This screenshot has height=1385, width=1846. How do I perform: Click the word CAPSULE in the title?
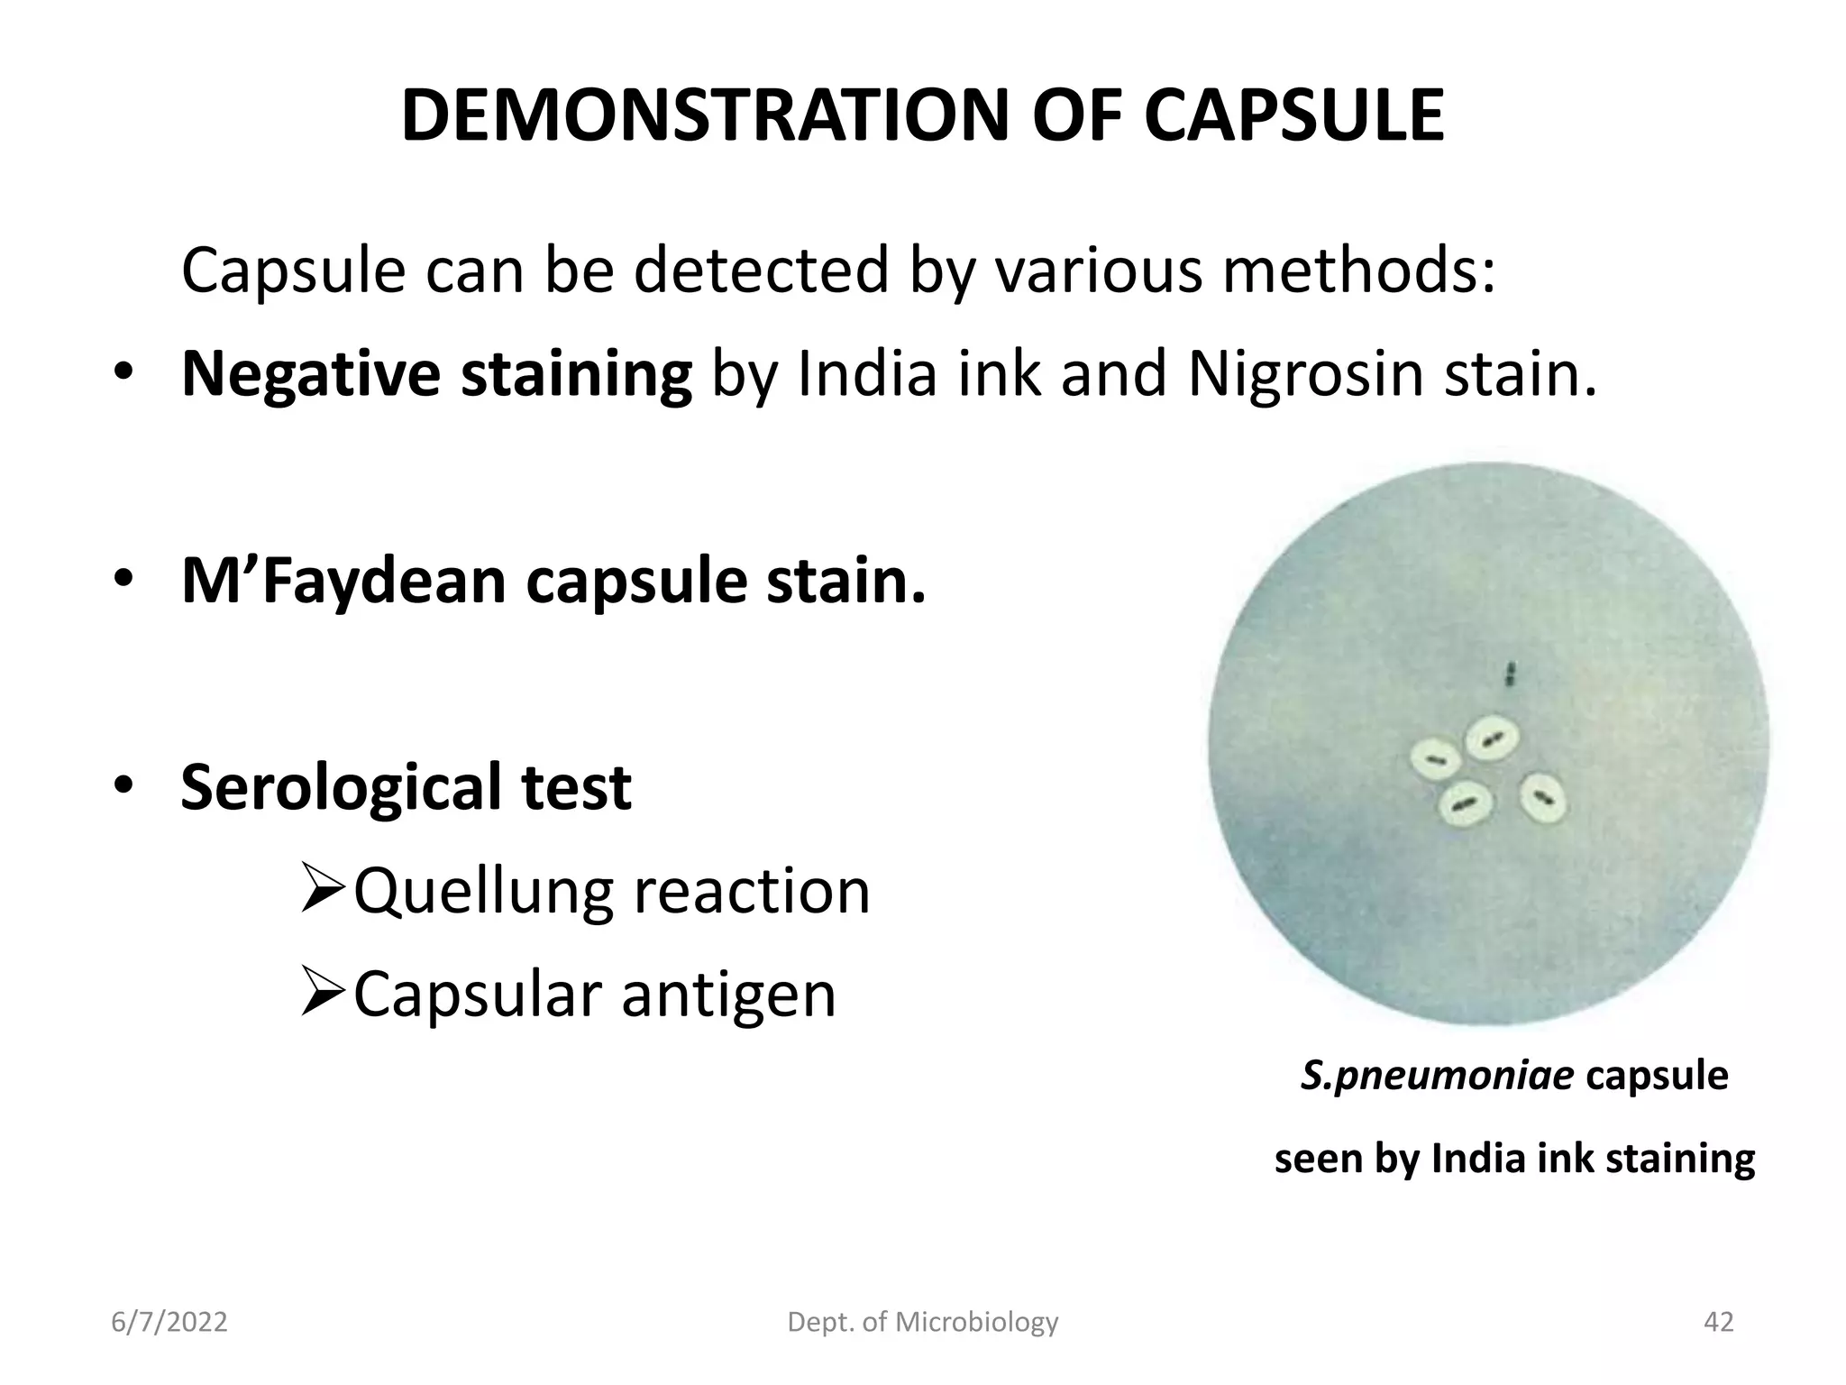tap(1294, 116)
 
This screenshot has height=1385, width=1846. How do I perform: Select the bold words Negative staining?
tap(436, 375)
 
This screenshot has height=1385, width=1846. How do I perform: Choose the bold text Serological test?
tap(406, 787)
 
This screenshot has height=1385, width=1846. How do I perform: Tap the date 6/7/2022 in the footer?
tap(169, 1323)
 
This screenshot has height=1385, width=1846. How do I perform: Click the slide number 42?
tap(1718, 1323)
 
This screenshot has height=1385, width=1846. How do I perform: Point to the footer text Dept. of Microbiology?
tap(923, 1323)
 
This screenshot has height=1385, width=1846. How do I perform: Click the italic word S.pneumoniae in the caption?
tap(1437, 1076)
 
